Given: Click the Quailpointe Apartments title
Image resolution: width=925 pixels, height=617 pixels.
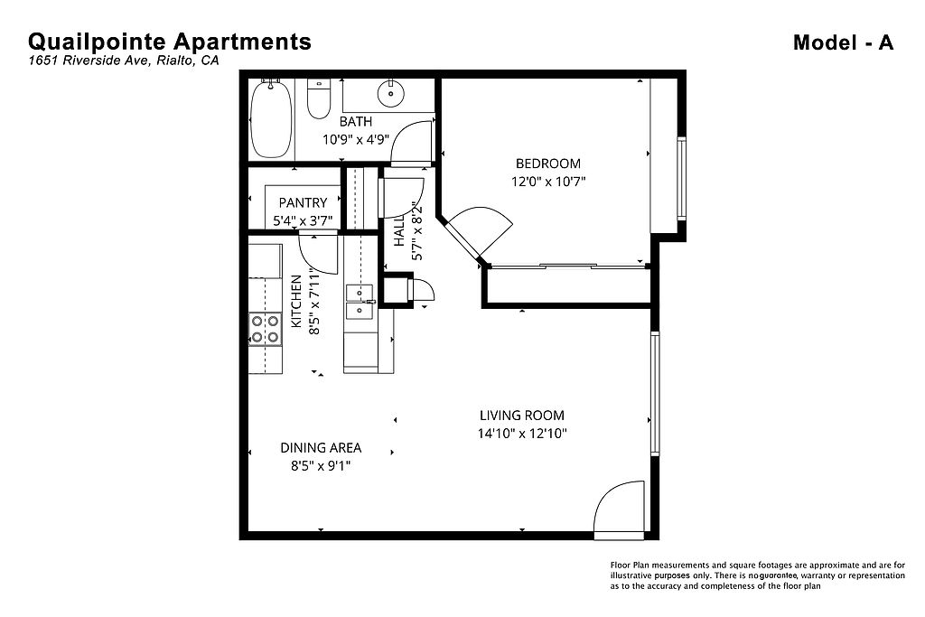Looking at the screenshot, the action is point(169,42).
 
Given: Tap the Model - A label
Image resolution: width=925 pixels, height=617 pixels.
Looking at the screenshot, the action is point(843,42).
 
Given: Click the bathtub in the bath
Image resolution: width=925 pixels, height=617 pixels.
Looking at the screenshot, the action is point(271,118).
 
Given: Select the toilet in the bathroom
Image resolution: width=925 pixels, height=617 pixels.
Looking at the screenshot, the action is point(319,98).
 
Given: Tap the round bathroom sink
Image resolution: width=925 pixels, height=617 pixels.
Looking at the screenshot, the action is point(390,93).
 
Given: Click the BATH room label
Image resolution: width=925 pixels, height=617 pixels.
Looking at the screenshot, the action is point(356,122).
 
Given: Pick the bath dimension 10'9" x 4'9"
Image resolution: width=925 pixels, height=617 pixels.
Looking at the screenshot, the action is point(356,140).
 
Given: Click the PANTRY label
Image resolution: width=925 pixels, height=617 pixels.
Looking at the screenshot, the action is point(303,203).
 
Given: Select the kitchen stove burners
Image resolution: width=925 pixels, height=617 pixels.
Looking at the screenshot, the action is point(265,329).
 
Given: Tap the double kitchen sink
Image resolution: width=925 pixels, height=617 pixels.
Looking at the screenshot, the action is point(360,302).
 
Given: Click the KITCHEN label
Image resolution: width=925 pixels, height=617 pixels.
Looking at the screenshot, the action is point(296,302).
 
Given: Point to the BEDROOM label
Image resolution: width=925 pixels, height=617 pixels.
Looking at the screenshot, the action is point(548,164).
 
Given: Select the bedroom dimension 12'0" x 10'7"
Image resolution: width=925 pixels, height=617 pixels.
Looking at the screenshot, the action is point(548,182).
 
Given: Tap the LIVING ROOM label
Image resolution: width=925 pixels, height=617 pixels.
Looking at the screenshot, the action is point(522,416).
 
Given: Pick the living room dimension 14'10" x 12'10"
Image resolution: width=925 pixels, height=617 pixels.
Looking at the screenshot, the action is point(522,434).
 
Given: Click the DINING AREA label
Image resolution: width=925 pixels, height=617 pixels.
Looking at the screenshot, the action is point(321,448).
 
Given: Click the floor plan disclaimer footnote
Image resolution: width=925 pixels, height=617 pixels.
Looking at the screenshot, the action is point(758,575).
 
